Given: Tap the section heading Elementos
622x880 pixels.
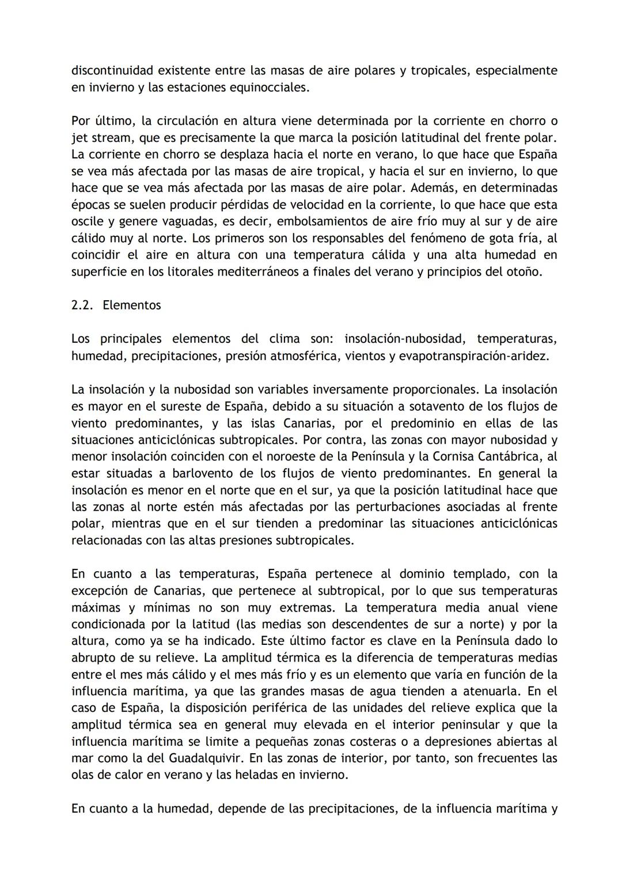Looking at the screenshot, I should click(132, 305).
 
